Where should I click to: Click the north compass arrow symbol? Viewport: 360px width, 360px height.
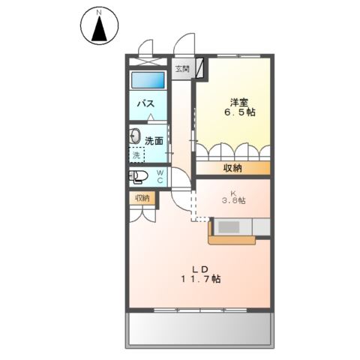(x=98, y=29)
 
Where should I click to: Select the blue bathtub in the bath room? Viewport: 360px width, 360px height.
(x=148, y=80)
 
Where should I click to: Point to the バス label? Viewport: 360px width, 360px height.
(x=145, y=104)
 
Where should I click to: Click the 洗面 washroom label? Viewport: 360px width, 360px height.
(x=154, y=140)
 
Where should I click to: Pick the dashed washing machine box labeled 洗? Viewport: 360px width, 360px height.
(x=136, y=155)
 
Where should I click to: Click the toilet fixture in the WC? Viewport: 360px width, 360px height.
(x=139, y=178)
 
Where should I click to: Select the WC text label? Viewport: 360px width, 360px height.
(x=160, y=177)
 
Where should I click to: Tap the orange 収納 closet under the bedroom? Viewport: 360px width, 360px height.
(x=232, y=168)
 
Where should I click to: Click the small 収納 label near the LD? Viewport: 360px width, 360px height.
(x=142, y=198)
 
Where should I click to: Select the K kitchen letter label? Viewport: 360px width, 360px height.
(x=235, y=190)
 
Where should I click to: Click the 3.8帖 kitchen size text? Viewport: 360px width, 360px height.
(x=235, y=201)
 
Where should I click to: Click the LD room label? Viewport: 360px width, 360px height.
(x=198, y=268)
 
